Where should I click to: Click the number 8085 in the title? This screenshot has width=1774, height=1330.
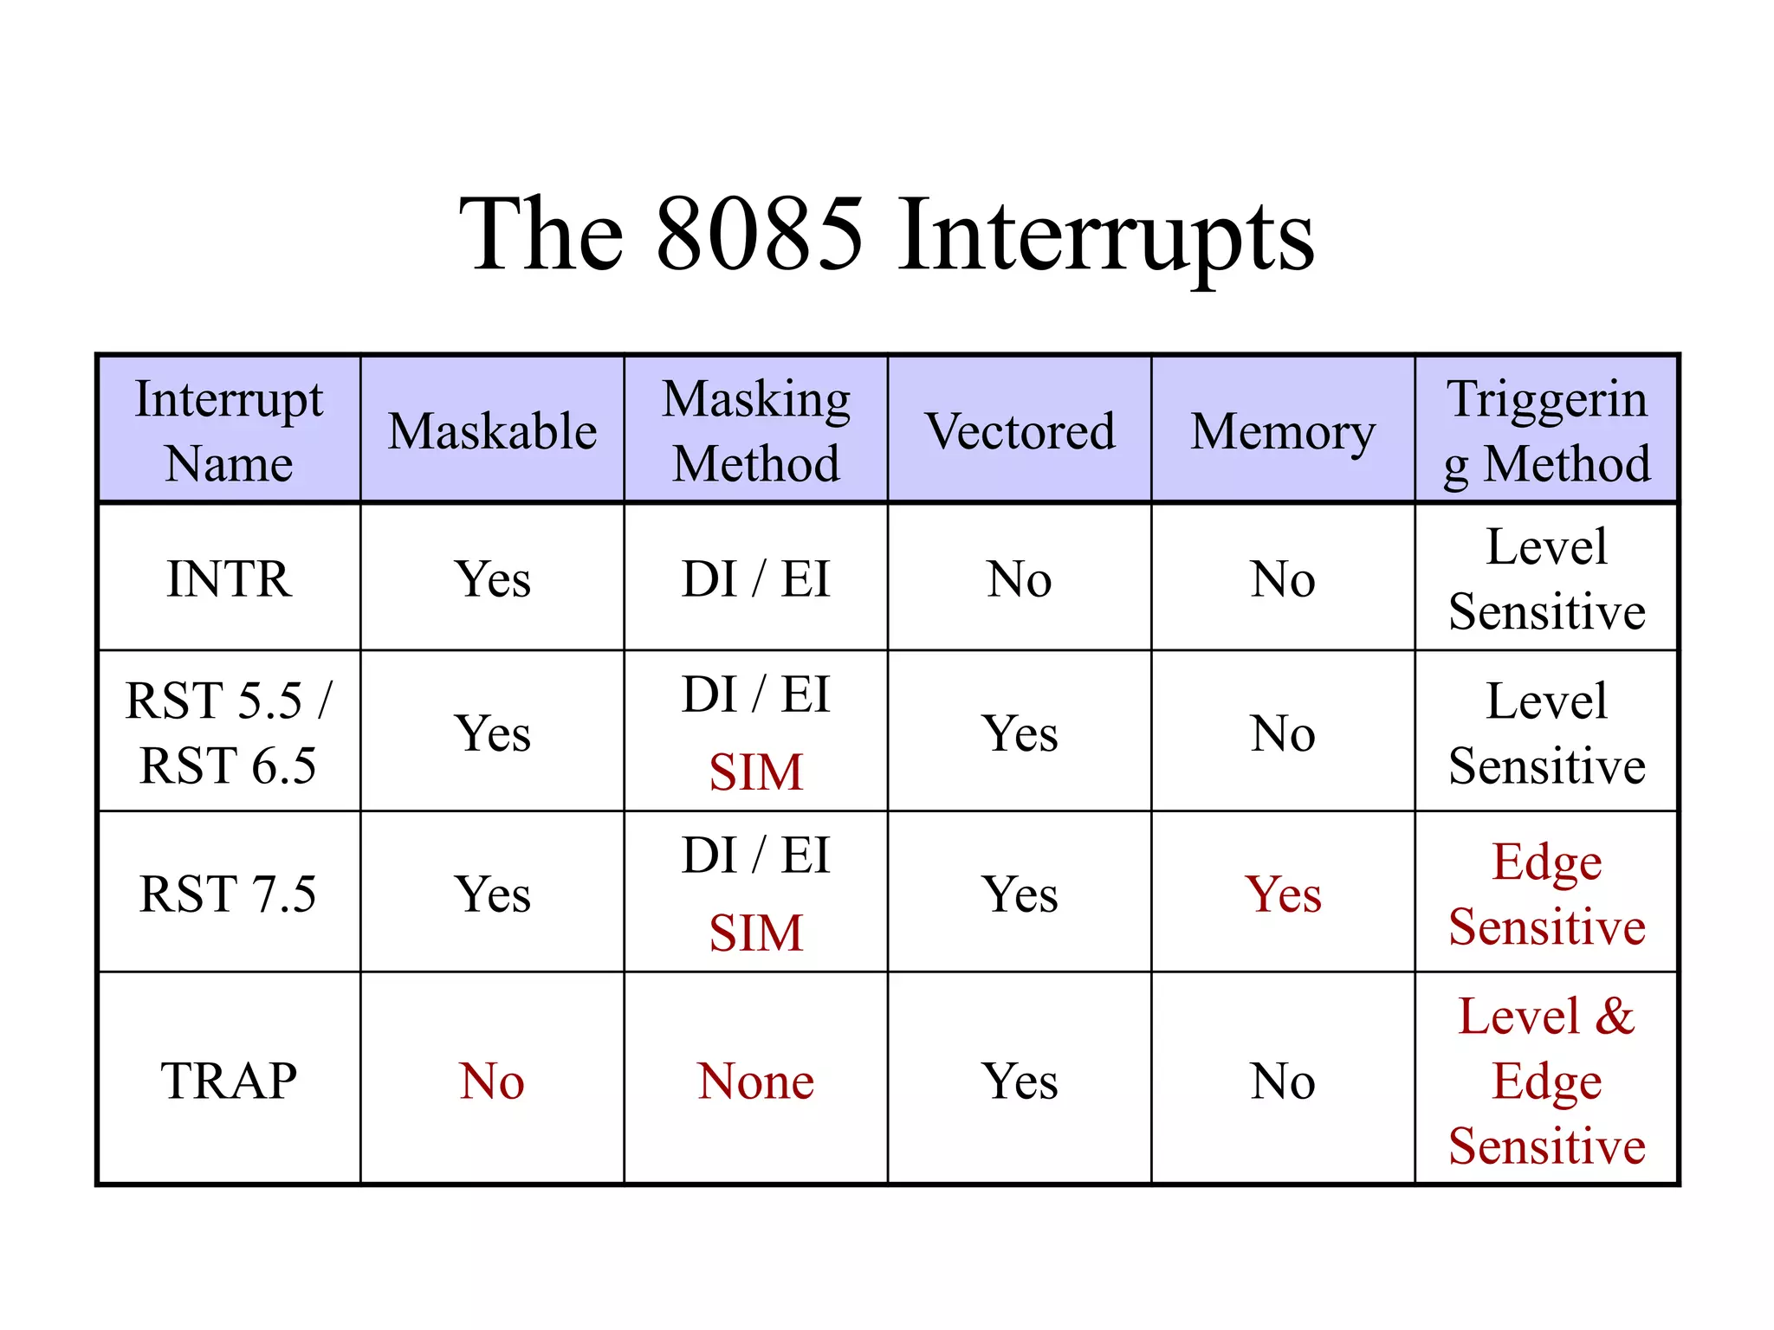[760, 234]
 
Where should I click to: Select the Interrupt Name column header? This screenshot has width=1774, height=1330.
[229, 430]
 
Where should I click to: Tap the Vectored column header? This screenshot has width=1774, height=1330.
[1020, 430]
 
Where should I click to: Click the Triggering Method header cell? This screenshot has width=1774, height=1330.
[1546, 430]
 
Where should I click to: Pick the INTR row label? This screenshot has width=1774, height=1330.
[229, 578]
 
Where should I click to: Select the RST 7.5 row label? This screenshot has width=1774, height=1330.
[229, 894]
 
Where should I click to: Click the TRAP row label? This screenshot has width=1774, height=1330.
[229, 1081]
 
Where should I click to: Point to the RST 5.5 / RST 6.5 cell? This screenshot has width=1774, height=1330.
[229, 733]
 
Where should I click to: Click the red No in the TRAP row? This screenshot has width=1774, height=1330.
[492, 1081]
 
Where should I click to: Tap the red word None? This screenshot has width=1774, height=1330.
[755, 1081]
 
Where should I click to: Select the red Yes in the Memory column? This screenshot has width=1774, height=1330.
[1283, 894]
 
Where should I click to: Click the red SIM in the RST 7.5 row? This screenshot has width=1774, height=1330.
[755, 933]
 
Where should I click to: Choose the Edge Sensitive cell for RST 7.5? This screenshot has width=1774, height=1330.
[1546, 894]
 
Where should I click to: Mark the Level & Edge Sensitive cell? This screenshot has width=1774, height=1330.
[1546, 1081]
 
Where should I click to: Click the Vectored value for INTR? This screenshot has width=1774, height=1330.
[1020, 578]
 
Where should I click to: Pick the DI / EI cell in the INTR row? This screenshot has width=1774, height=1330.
[755, 578]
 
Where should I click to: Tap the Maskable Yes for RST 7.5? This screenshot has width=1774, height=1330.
[492, 894]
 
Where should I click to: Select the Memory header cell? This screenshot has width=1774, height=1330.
[1283, 430]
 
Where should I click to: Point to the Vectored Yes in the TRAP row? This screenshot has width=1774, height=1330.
[1020, 1081]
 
